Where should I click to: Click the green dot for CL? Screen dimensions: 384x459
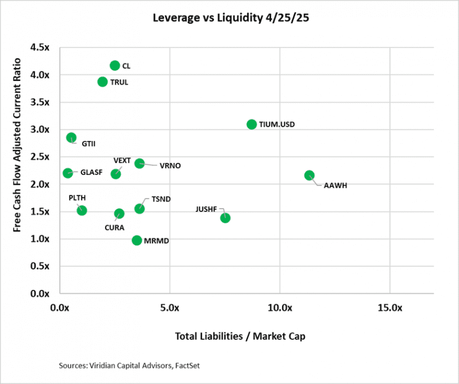click(115, 65)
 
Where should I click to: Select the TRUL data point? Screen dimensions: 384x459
click(103, 81)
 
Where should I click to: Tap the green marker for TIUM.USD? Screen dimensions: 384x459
click(251, 124)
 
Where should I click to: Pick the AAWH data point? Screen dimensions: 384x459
click(309, 175)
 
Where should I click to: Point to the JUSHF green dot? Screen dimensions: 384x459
click(225, 218)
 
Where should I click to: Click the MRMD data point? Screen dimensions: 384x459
click(137, 240)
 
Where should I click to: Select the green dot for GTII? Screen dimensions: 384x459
click(71, 138)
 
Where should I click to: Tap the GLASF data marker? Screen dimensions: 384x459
click(68, 173)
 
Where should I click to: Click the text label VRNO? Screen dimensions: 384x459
click(170, 166)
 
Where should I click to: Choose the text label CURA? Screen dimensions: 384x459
click(114, 227)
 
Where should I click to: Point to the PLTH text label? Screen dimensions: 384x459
click(77, 198)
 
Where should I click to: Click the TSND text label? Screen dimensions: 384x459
click(161, 199)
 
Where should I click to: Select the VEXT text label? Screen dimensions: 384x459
click(122, 160)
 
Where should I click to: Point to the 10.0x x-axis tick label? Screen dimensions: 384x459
click(279, 308)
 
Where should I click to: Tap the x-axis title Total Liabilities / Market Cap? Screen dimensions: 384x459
click(240, 336)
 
